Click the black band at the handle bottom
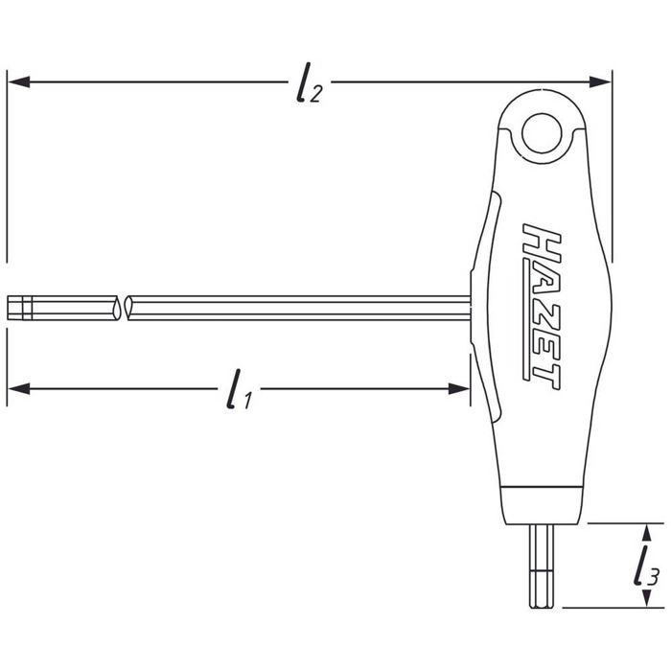pyautogui.click(x=542, y=507)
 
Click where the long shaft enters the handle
pyautogui.click(x=470, y=308)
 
